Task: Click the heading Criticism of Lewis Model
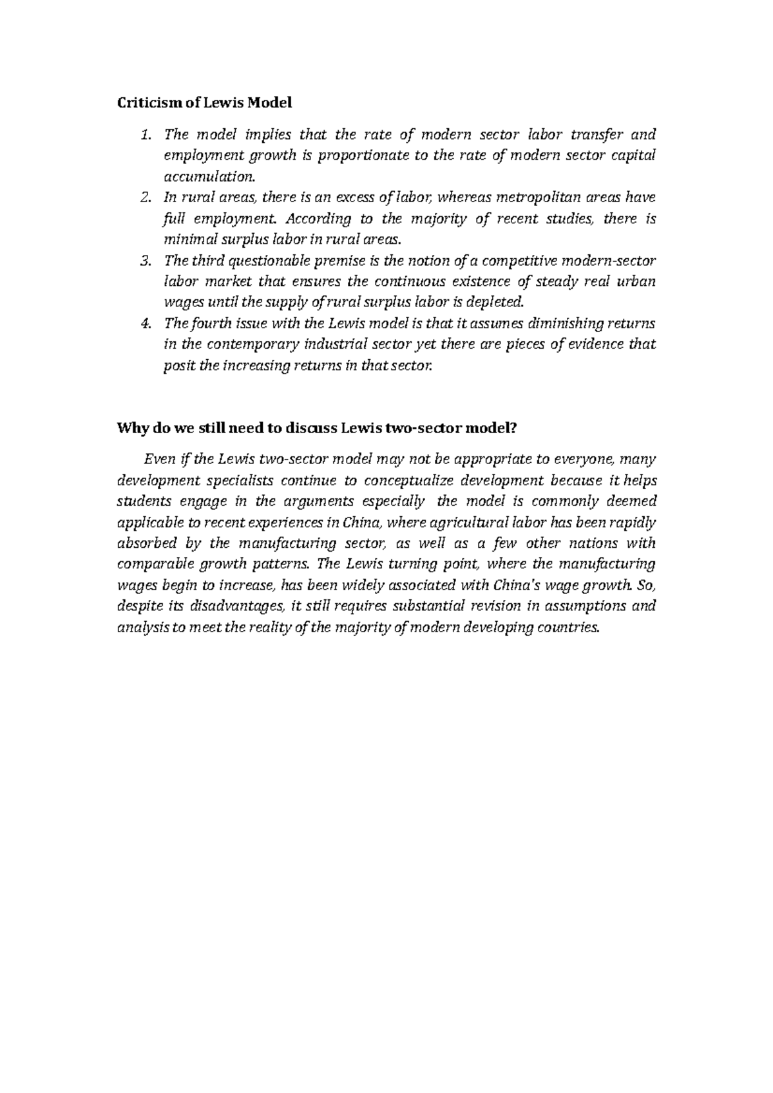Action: (x=204, y=102)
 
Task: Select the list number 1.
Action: (x=146, y=135)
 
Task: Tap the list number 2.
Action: (x=146, y=197)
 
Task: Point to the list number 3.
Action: (x=146, y=260)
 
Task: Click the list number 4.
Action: (x=146, y=322)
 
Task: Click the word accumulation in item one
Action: (x=209, y=176)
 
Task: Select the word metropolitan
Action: (x=526, y=197)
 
